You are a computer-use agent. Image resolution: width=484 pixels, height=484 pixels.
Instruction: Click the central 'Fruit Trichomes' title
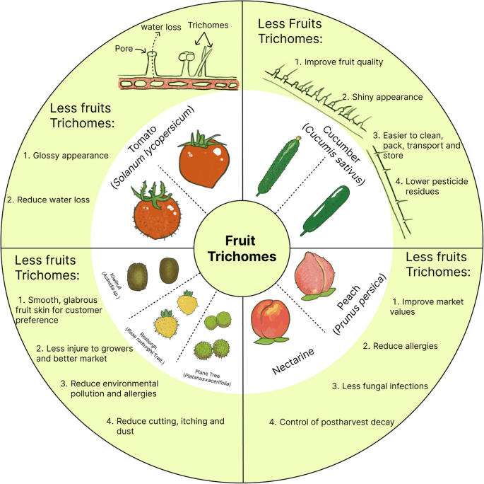(242, 248)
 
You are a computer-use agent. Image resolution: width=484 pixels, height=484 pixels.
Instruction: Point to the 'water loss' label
(162, 28)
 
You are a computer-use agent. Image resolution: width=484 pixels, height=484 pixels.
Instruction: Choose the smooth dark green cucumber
(326, 210)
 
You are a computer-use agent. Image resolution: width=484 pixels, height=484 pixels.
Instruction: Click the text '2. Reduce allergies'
(401, 346)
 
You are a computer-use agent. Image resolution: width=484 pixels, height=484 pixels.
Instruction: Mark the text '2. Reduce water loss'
(49, 200)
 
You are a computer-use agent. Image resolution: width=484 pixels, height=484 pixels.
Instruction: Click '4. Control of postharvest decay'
(331, 422)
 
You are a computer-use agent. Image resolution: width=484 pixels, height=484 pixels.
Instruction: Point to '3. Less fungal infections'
(380, 386)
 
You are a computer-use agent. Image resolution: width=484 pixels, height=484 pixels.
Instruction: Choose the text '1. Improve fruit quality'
(339, 62)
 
